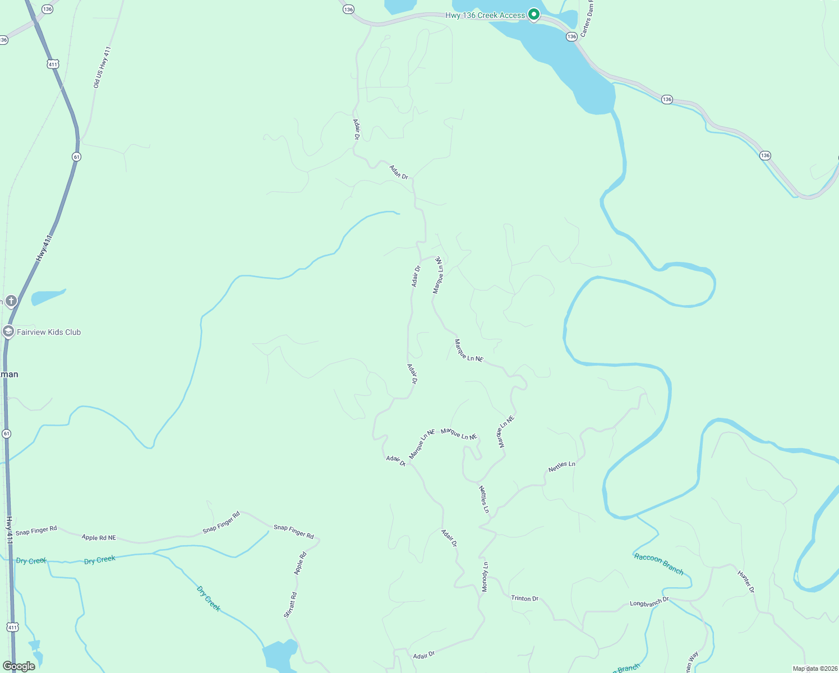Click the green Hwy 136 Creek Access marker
(534, 15)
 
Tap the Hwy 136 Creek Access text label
(485, 15)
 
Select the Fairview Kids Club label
(49, 332)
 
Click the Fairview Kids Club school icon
(8, 331)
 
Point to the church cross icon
(11, 301)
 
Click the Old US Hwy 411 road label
(102, 67)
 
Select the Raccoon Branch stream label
(659, 564)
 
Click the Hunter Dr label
(746, 582)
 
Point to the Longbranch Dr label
(649, 602)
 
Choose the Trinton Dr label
(524, 598)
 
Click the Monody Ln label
(485, 577)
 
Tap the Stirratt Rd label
(291, 605)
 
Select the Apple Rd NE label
(99, 537)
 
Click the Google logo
(19, 666)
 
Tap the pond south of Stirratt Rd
(279, 656)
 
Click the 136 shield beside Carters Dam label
(571, 36)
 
